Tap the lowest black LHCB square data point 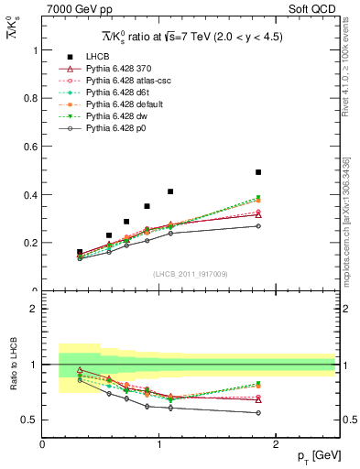coord(80,252)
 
